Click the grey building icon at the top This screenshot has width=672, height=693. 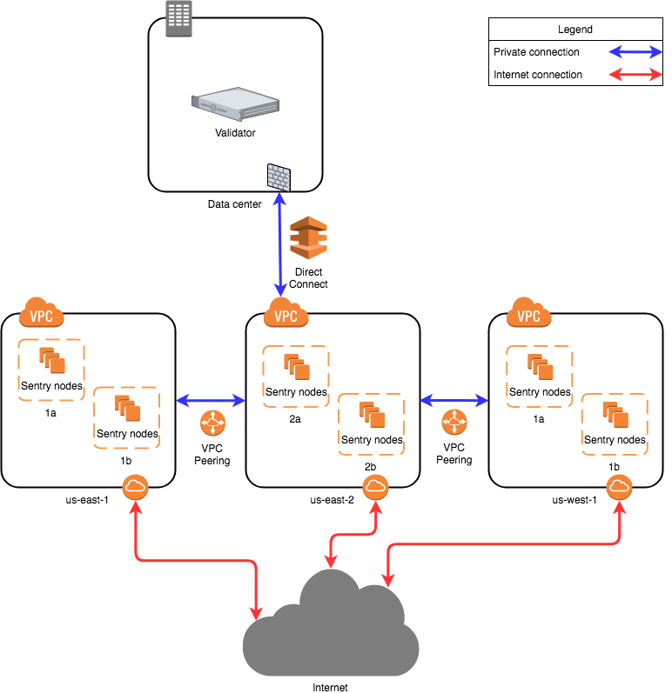(178, 18)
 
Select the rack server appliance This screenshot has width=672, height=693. (235, 102)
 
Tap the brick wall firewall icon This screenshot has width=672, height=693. (279, 177)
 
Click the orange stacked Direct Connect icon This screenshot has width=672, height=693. (308, 237)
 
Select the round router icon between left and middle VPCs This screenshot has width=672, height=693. (212, 423)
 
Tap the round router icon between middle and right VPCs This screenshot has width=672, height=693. (454, 423)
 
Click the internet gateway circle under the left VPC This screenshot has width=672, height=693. (135, 487)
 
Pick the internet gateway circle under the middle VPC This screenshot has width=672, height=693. (375, 487)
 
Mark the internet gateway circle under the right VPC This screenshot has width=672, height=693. (619, 487)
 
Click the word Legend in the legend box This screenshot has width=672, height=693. (575, 30)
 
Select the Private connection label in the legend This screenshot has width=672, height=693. (536, 52)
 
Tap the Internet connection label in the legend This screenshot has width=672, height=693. (538, 75)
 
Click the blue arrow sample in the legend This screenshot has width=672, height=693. (635, 52)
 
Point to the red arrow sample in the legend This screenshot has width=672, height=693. (635, 75)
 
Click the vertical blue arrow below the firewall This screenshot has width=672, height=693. (279, 244)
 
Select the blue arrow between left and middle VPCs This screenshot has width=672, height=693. (212, 400)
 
